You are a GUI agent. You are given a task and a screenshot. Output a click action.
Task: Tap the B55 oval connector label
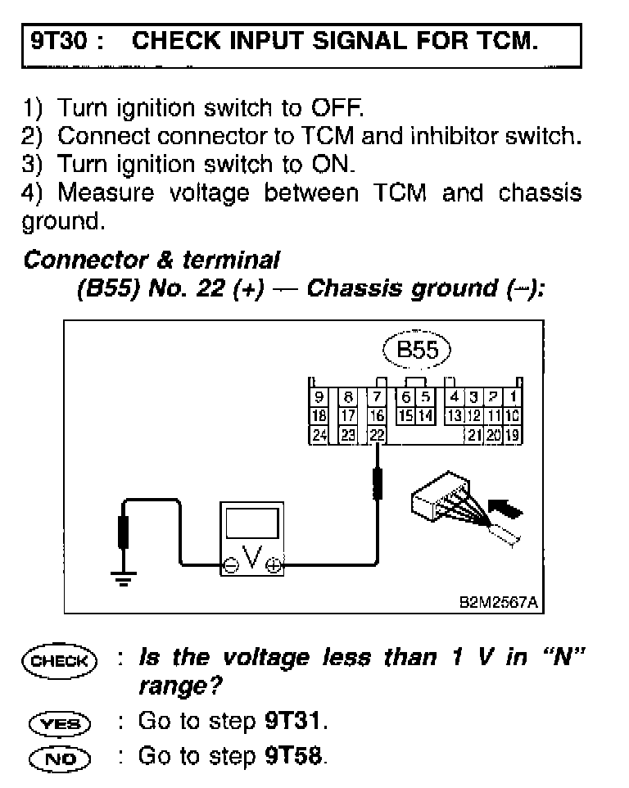pos(417,351)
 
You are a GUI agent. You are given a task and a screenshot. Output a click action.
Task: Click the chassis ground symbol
pos(124,580)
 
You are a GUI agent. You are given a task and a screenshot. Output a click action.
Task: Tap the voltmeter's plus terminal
pos(272,564)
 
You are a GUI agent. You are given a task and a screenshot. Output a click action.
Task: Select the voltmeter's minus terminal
pos(233,564)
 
